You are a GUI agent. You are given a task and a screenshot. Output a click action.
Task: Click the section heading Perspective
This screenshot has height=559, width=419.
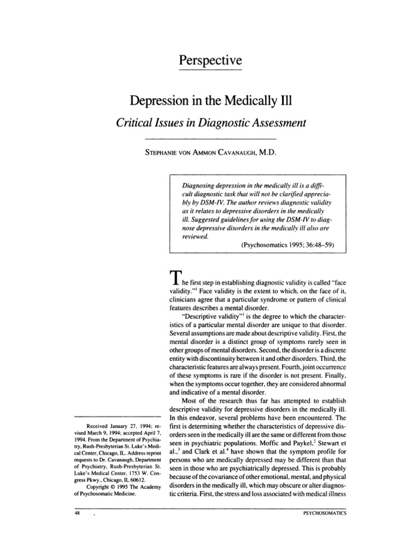click(209, 60)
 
